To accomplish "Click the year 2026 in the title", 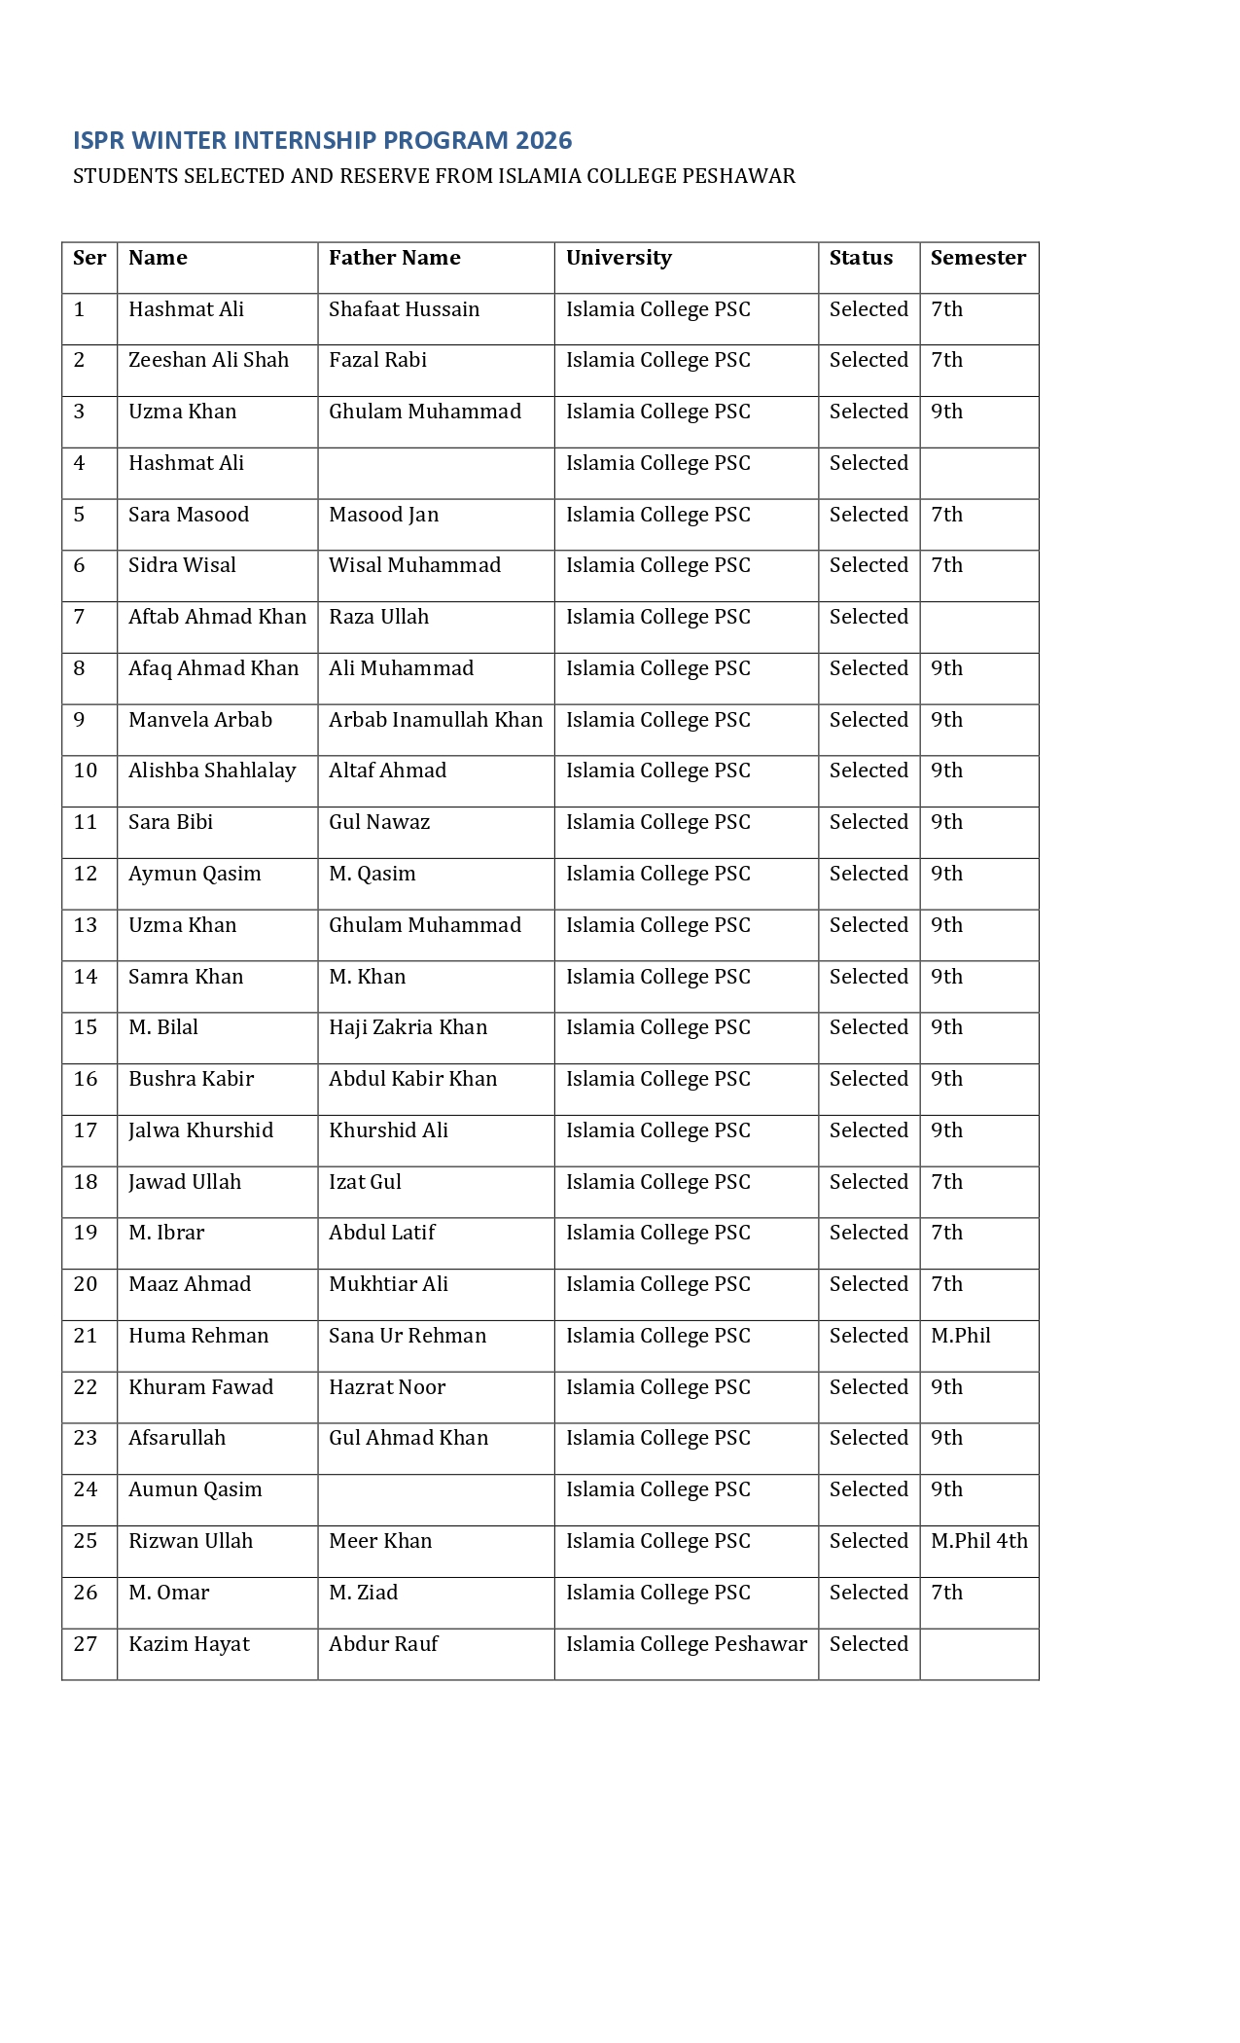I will (x=544, y=141).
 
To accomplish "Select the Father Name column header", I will (x=394, y=258).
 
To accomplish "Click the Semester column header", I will (x=977, y=258).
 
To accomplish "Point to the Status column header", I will (x=861, y=258).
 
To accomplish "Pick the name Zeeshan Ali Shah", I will (x=208, y=360).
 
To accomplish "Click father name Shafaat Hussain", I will (x=404, y=309).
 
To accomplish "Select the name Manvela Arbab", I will (x=200, y=720).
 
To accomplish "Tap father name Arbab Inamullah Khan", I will (x=436, y=720).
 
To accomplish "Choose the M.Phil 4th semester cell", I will (x=978, y=1541).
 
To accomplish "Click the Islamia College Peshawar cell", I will (x=687, y=1644).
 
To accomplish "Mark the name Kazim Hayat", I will (x=189, y=1644).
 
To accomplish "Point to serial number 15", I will (x=86, y=1027).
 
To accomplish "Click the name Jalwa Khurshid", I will (x=200, y=1130).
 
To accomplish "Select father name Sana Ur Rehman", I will (x=407, y=1336).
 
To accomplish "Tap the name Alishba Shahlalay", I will (x=212, y=771).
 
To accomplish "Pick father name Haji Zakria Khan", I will (x=407, y=1027).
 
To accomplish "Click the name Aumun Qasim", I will (x=195, y=1489).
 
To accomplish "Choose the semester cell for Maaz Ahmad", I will (x=946, y=1284).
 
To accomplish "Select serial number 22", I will (x=86, y=1387).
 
